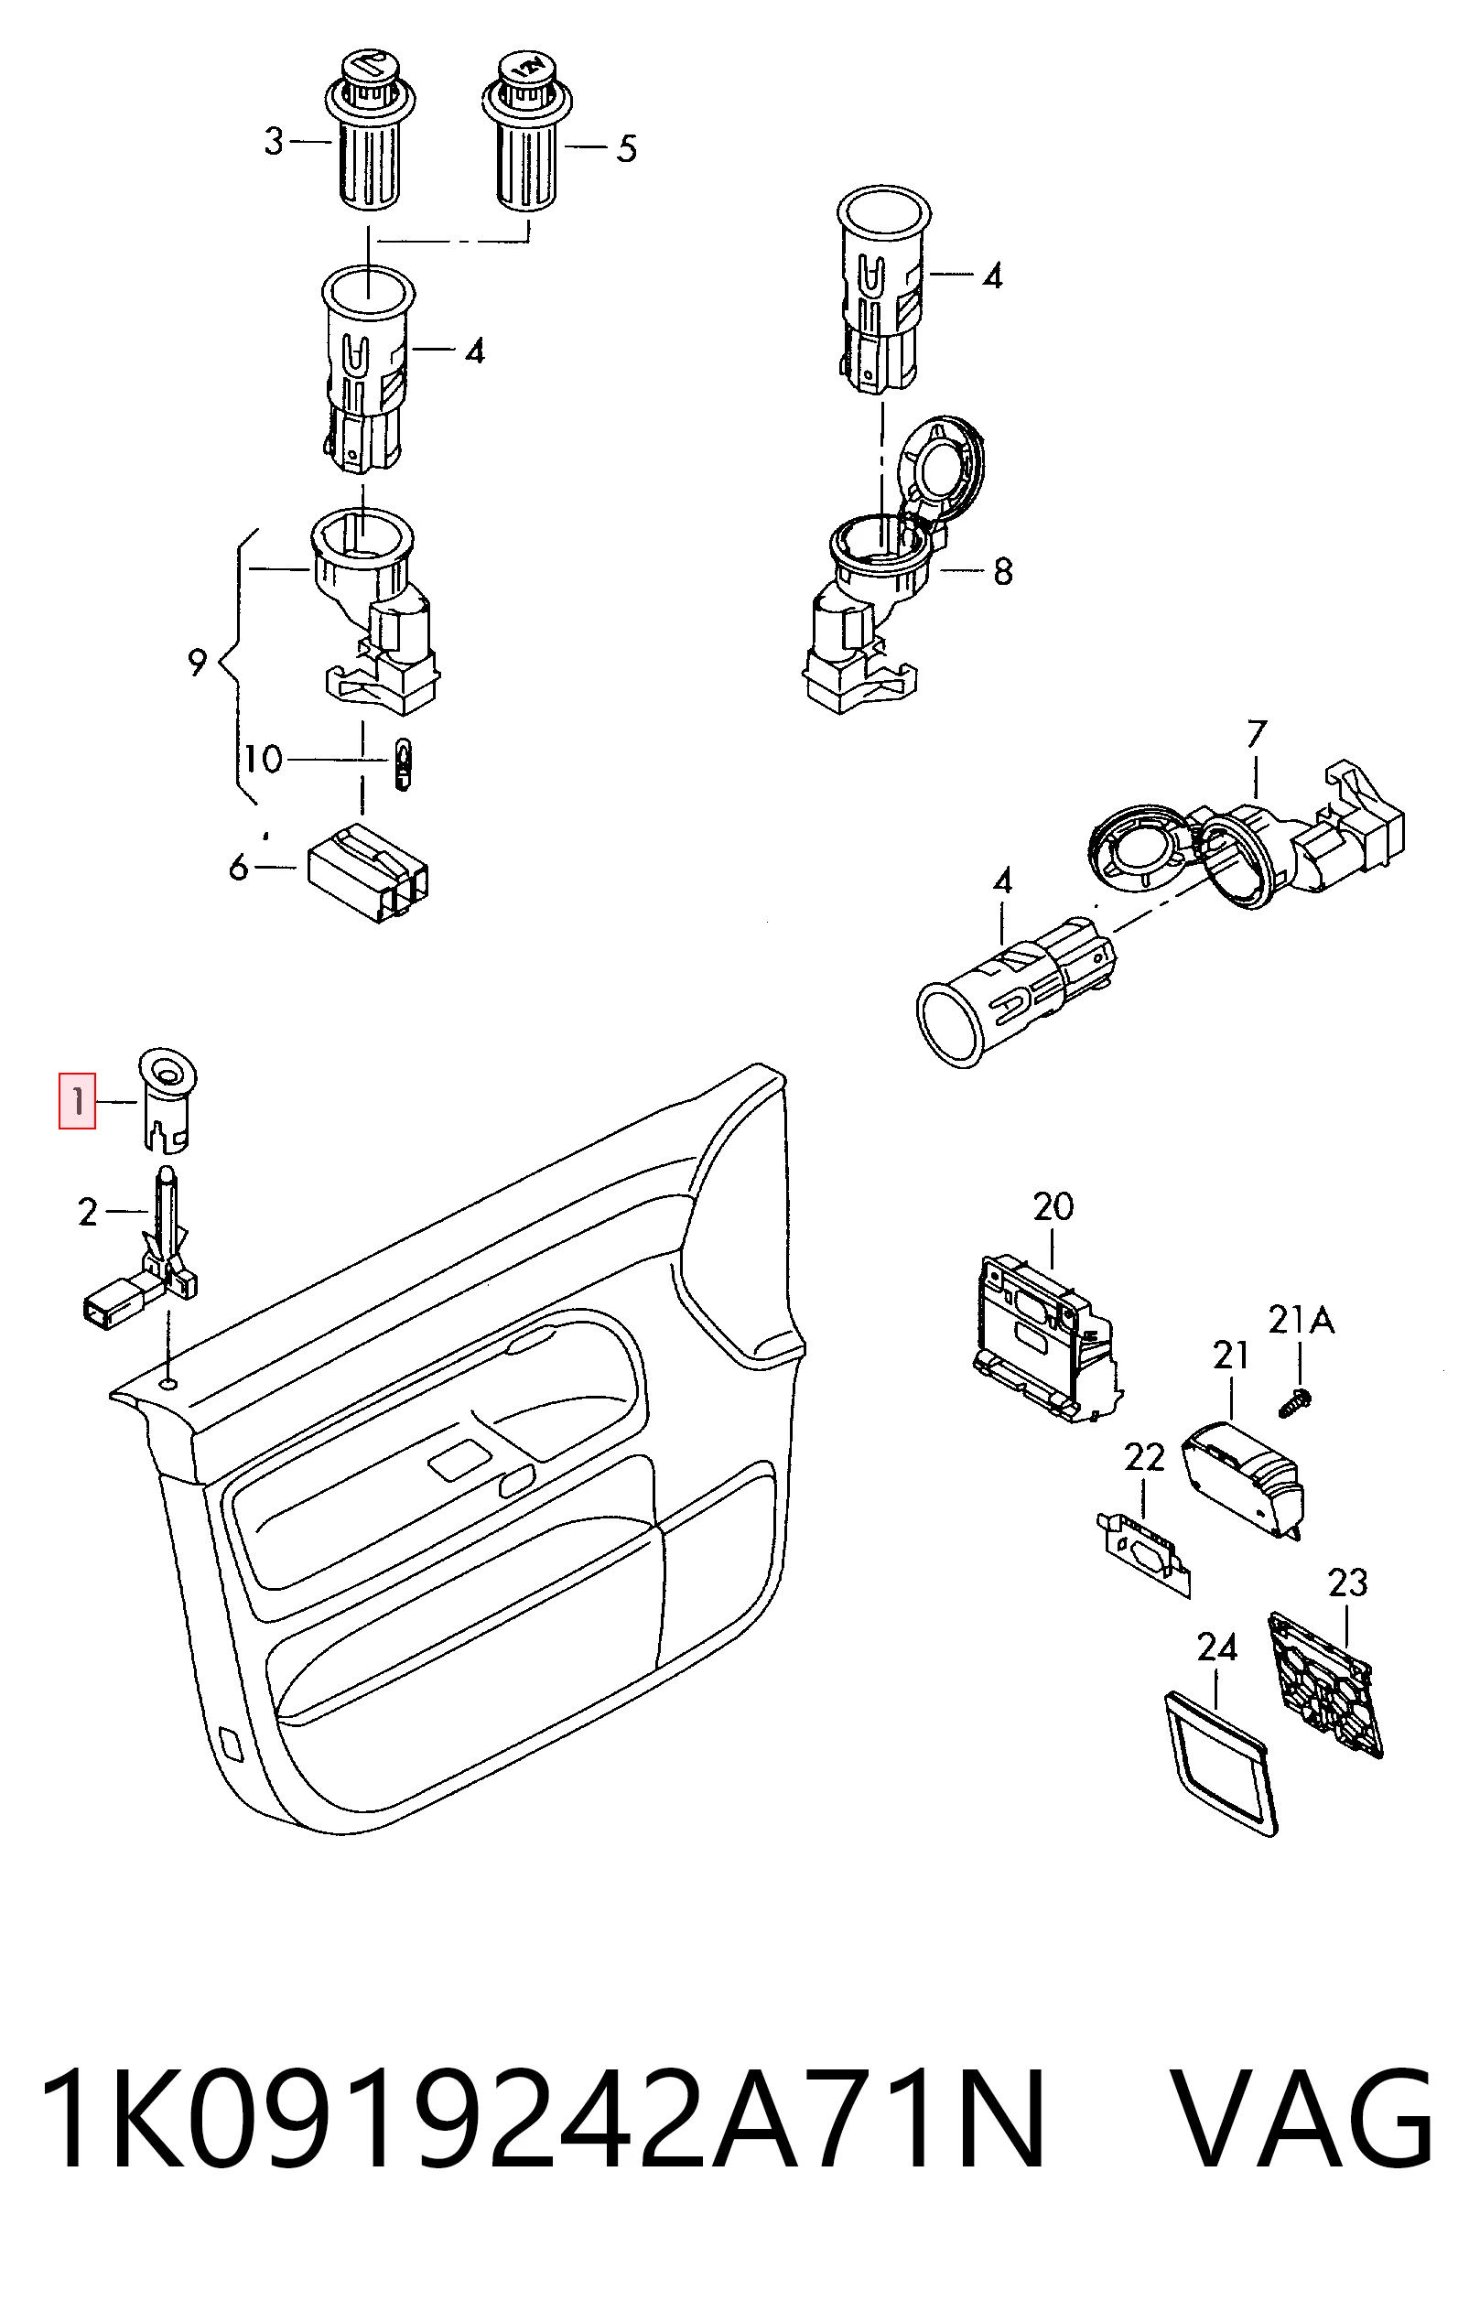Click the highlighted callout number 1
(x=78, y=1103)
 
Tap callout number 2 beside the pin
(x=88, y=1213)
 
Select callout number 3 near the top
(x=275, y=142)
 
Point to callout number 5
(x=627, y=148)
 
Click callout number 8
(x=1002, y=571)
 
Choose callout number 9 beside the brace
(x=197, y=660)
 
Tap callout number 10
(x=262, y=760)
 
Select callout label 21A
(x=1301, y=1321)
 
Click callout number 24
(x=1216, y=1647)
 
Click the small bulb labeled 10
(x=404, y=764)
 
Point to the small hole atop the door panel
(x=169, y=1384)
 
